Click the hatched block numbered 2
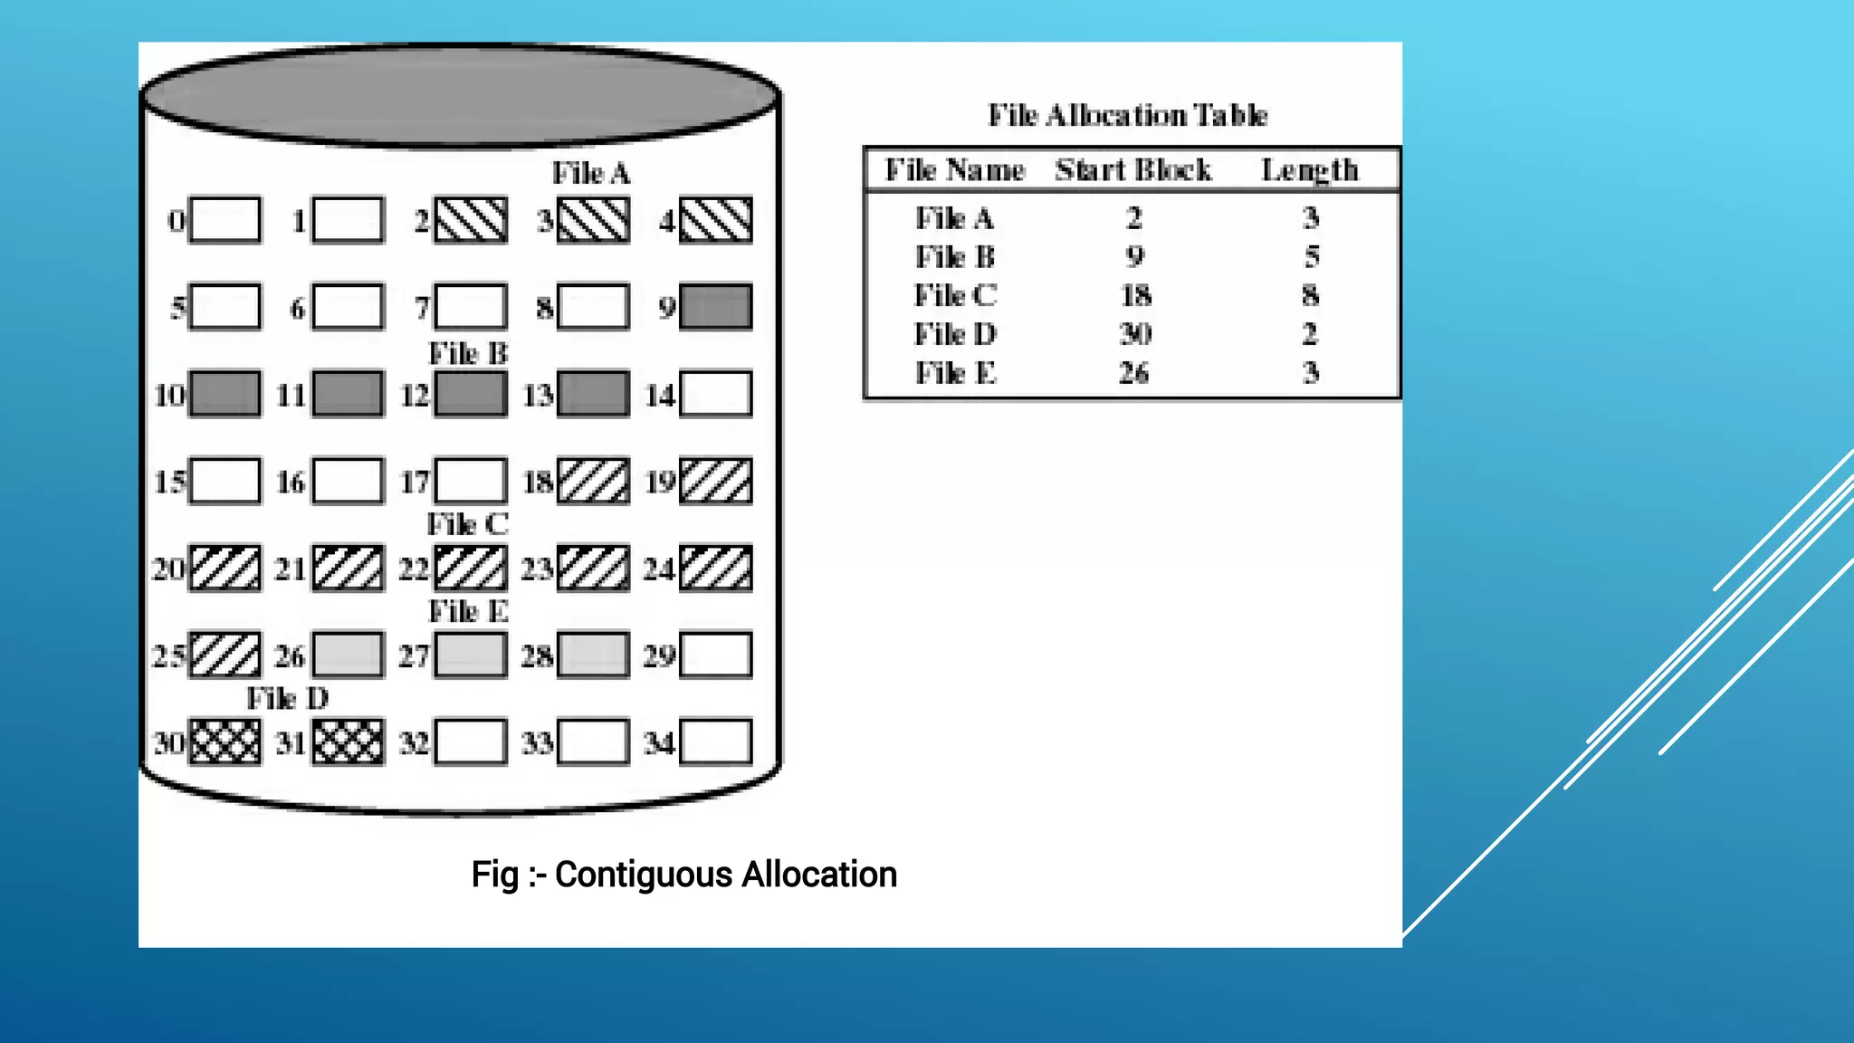point(471,220)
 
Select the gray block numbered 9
point(715,307)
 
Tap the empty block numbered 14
point(715,394)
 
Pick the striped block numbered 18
point(593,481)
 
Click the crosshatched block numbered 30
point(225,742)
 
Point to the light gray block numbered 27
point(471,655)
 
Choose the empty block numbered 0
point(225,220)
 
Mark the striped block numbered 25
point(225,655)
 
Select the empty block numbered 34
point(715,742)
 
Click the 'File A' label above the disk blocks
point(591,173)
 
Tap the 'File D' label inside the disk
point(288,698)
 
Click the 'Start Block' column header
point(1133,170)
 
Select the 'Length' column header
point(1310,170)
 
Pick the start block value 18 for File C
point(1135,295)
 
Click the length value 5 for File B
point(1311,256)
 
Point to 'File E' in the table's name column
point(955,372)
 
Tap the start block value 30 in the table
point(1135,334)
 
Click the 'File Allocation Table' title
point(1127,115)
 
